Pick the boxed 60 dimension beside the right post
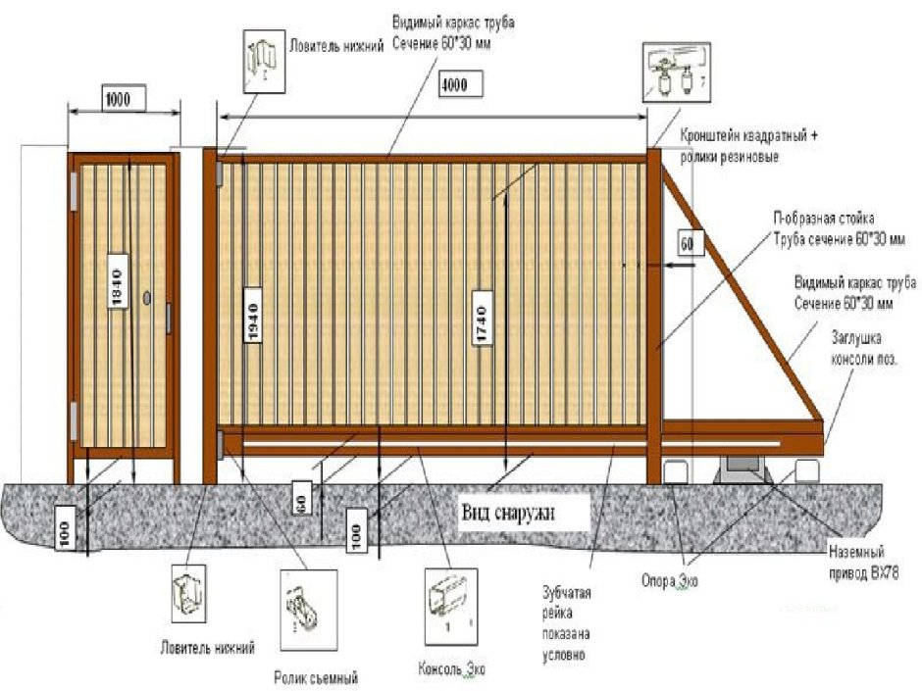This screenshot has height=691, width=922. [687, 242]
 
